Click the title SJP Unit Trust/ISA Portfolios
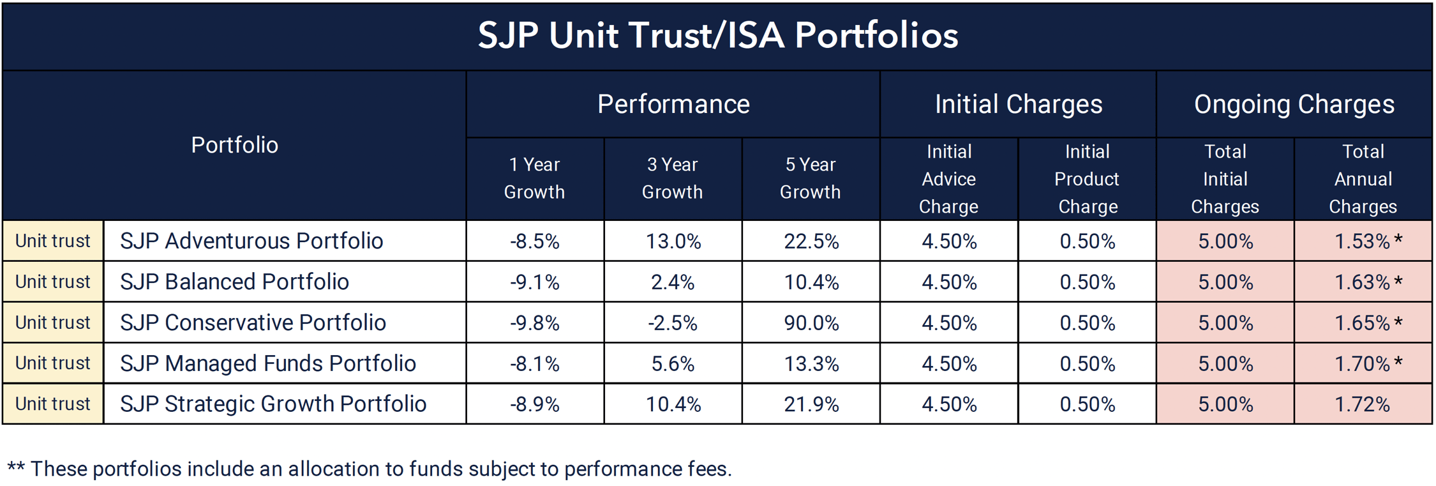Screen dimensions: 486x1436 click(717, 35)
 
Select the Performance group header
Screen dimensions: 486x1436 click(673, 104)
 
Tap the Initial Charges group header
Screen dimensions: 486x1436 click(1018, 104)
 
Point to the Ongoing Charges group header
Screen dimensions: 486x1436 click(1294, 104)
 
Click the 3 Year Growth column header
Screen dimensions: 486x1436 click(672, 178)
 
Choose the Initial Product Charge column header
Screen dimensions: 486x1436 click(1087, 179)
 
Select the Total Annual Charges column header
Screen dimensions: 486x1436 click(1363, 179)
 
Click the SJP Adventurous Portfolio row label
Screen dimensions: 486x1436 click(251, 241)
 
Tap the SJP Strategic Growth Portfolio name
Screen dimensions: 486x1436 click(273, 404)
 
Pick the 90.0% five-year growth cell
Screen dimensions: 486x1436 click(811, 323)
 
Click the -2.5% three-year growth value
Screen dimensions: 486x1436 click(672, 323)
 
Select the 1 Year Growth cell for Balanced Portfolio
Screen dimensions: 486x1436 click(534, 282)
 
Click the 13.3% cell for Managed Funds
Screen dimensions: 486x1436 click(811, 363)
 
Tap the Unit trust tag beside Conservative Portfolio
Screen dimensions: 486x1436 click(53, 323)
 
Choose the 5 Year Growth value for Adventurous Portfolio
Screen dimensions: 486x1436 click(811, 241)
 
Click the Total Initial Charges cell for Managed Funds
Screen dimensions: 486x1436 click(1225, 363)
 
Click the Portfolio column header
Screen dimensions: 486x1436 click(234, 145)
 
